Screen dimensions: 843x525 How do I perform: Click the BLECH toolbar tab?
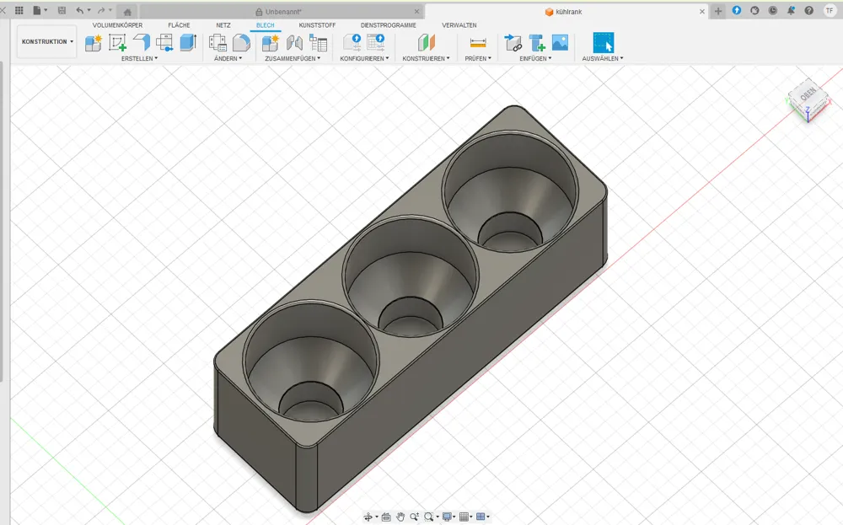(265, 25)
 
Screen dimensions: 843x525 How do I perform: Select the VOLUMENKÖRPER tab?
(117, 25)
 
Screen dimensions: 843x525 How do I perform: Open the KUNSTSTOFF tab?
(317, 25)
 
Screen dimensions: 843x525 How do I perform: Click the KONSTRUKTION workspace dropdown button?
(46, 41)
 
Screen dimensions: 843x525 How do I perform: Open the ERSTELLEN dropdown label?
(139, 59)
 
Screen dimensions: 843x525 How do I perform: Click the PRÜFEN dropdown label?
(478, 59)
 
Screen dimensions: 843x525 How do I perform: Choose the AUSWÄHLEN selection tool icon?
(604, 42)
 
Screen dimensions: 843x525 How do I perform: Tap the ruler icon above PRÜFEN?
(478, 42)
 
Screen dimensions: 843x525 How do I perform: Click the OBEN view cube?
(808, 99)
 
